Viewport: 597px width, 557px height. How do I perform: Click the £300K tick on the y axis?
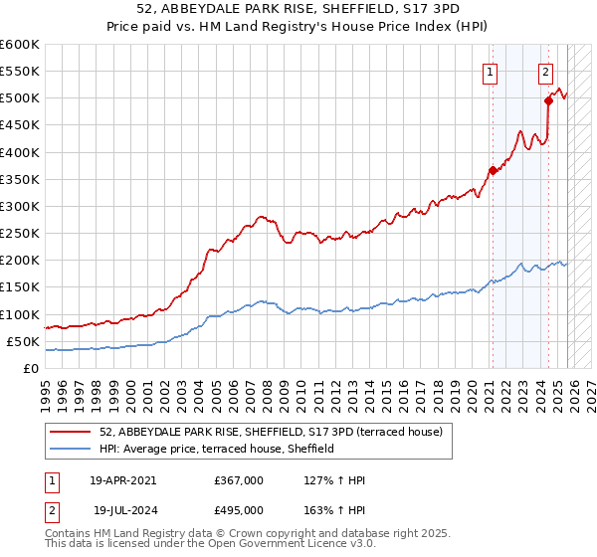20,206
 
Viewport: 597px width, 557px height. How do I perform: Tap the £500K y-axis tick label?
20,98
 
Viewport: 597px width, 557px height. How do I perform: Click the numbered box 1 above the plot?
491,71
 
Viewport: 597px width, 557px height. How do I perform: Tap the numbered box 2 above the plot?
546,71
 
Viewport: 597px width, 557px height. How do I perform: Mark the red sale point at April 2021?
493,170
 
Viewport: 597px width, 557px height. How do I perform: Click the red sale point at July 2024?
548,100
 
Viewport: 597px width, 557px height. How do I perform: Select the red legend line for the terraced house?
73,431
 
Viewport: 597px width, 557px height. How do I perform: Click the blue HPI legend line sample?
73,449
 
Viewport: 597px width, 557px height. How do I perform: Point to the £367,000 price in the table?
239,479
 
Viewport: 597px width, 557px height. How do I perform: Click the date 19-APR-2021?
122,479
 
